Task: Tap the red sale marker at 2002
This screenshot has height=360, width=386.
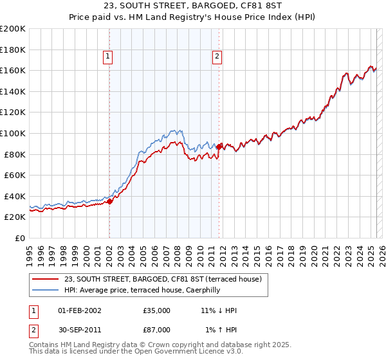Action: tap(109, 201)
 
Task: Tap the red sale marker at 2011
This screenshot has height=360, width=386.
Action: tap(219, 147)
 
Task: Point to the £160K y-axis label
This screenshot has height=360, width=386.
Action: tap(13, 70)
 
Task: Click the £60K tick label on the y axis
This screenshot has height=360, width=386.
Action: tap(15, 175)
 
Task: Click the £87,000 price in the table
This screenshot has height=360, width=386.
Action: tap(157, 330)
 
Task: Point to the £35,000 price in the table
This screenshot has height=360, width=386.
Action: tap(157, 310)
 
